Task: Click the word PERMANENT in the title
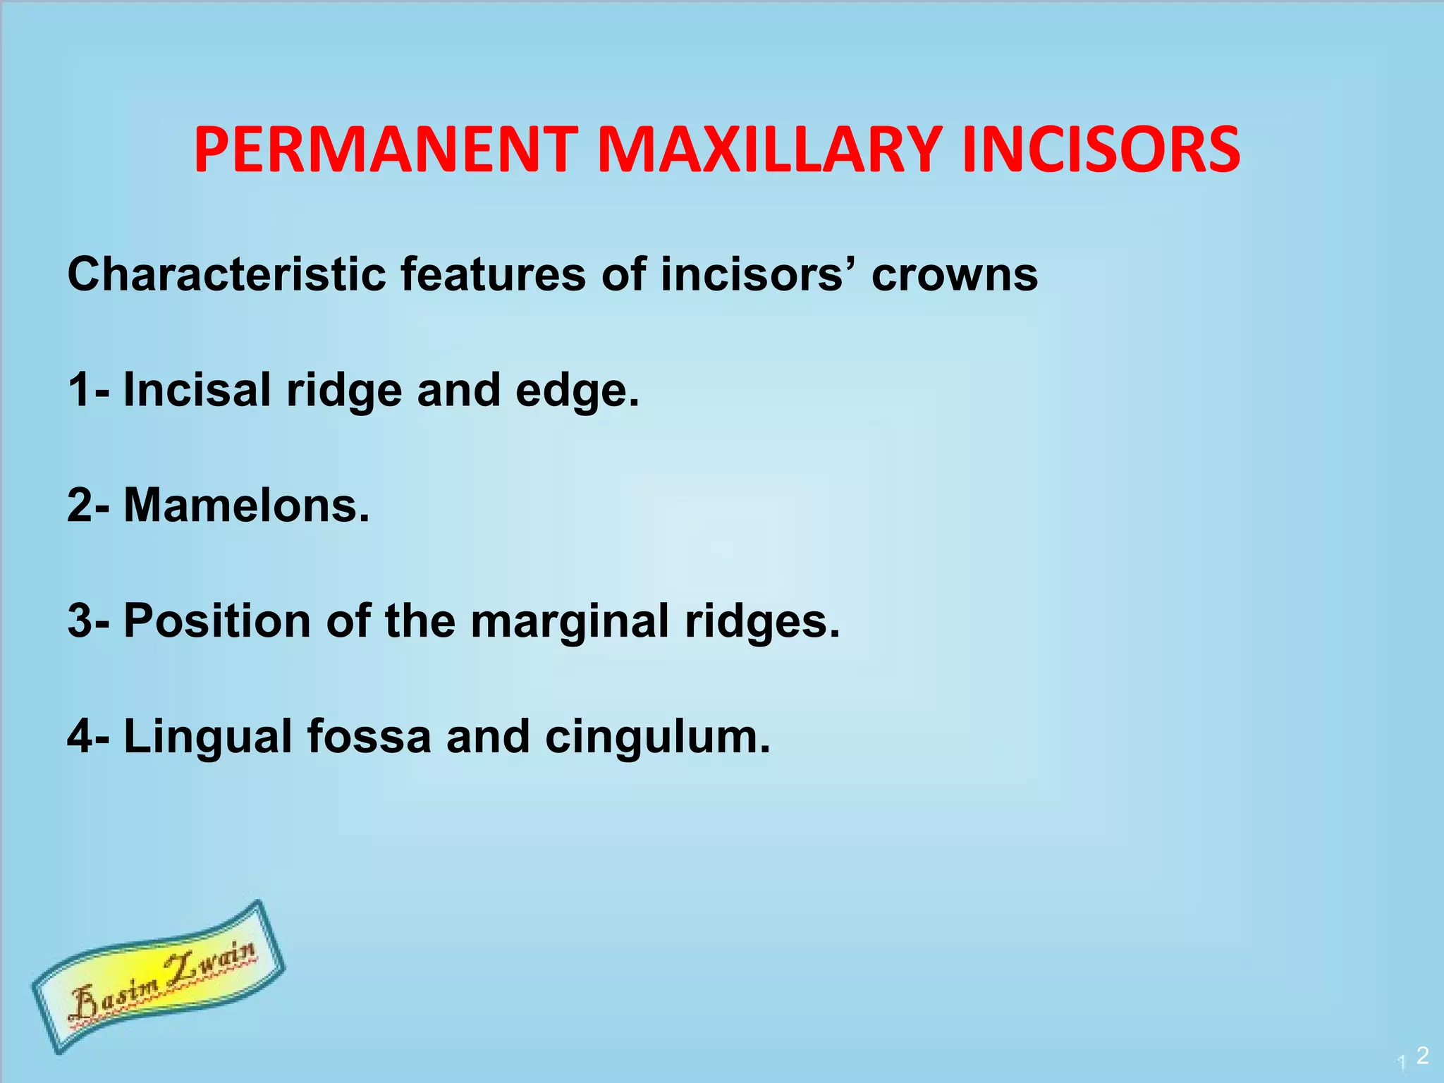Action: (386, 149)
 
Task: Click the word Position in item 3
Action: (217, 621)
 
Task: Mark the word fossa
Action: (368, 736)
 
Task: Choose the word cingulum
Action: (657, 738)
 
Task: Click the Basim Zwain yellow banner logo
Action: (159, 977)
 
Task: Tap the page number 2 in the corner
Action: (1422, 1055)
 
